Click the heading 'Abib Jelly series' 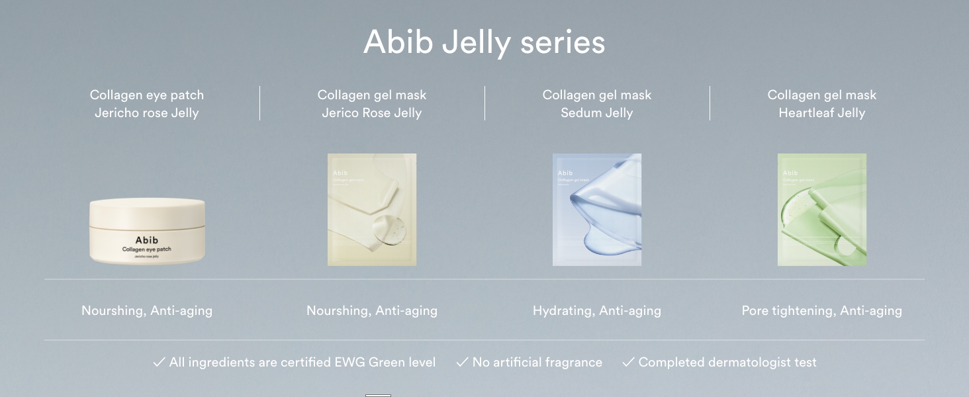tap(484, 42)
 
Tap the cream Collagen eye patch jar tap(147, 231)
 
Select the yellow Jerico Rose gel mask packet tap(372, 210)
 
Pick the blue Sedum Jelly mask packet tap(597, 210)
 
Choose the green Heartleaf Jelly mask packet tap(822, 210)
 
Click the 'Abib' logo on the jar tap(147, 240)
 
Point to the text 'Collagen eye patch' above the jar tap(147, 95)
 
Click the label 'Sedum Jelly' tap(597, 113)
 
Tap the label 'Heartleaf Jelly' tap(822, 113)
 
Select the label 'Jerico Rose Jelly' tap(372, 113)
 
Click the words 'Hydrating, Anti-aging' tap(597, 310)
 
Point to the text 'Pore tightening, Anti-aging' tap(822, 310)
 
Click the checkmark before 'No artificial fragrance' tap(462, 362)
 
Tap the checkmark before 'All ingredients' tap(159, 362)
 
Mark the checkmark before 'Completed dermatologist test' tap(628, 362)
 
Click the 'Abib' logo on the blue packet tap(565, 173)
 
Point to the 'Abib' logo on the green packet tap(790, 173)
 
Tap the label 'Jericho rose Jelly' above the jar tap(147, 113)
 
